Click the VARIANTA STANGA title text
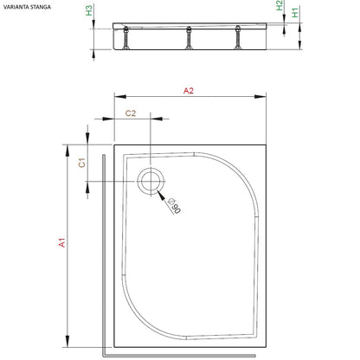[x=27, y=7]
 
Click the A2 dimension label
[x=189, y=91]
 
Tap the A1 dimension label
[x=62, y=242]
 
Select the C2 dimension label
[x=131, y=113]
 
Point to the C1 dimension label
[x=82, y=163]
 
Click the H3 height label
[x=89, y=10]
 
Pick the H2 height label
[x=280, y=5]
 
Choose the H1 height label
[x=295, y=13]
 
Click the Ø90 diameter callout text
[x=175, y=206]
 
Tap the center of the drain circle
[x=151, y=182]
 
